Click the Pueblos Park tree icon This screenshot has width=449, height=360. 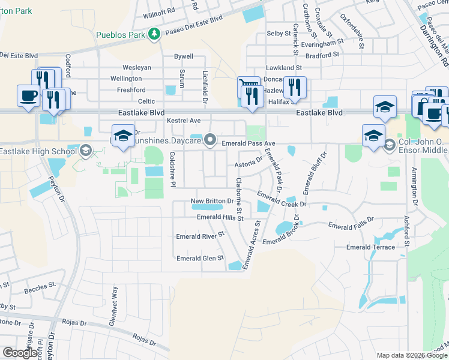point(154,34)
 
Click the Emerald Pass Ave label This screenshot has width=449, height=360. point(249,144)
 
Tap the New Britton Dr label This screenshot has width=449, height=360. point(212,201)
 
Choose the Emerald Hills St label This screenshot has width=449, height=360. point(220,218)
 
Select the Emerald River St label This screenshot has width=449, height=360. point(200,236)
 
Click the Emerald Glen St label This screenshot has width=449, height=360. point(200,258)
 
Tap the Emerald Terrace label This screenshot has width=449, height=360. point(370,247)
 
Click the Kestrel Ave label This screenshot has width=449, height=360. point(183,121)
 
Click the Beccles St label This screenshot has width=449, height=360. point(40,287)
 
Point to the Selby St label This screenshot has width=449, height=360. point(279,34)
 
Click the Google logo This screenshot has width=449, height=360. point(20,353)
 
